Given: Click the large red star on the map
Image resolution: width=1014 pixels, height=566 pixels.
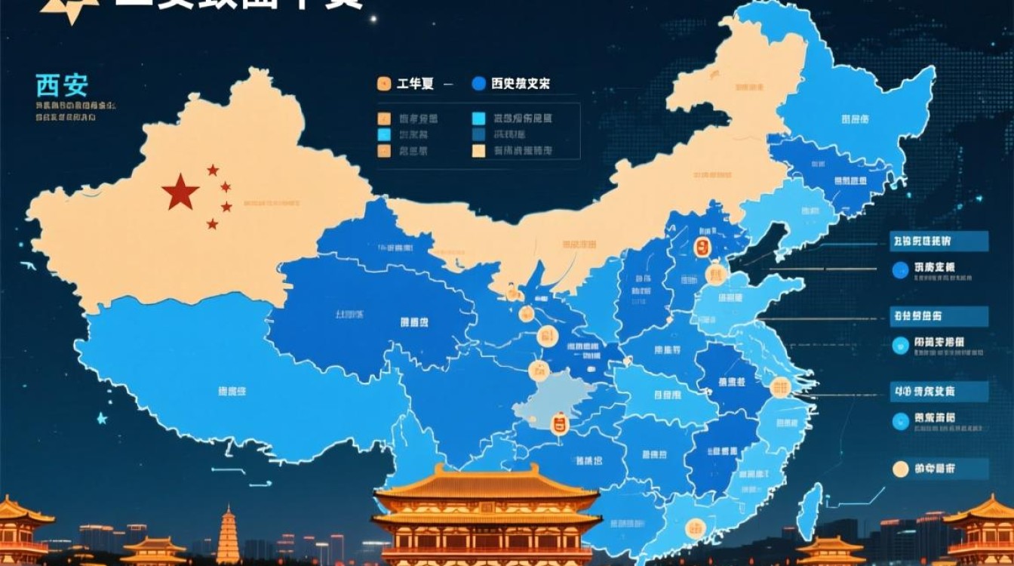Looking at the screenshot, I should (180, 192).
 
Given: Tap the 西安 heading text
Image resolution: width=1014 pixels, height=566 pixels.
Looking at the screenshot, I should (62, 85).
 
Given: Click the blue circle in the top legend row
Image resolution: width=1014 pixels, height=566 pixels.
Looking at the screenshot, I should (478, 85).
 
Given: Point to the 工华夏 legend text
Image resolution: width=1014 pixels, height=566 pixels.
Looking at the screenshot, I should (415, 85).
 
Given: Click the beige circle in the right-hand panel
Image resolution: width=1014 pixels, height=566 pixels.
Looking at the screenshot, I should (900, 469).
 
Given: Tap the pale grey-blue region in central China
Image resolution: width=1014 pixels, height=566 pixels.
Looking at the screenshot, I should (547, 400).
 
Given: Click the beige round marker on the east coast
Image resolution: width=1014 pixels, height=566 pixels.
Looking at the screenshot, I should (779, 388).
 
